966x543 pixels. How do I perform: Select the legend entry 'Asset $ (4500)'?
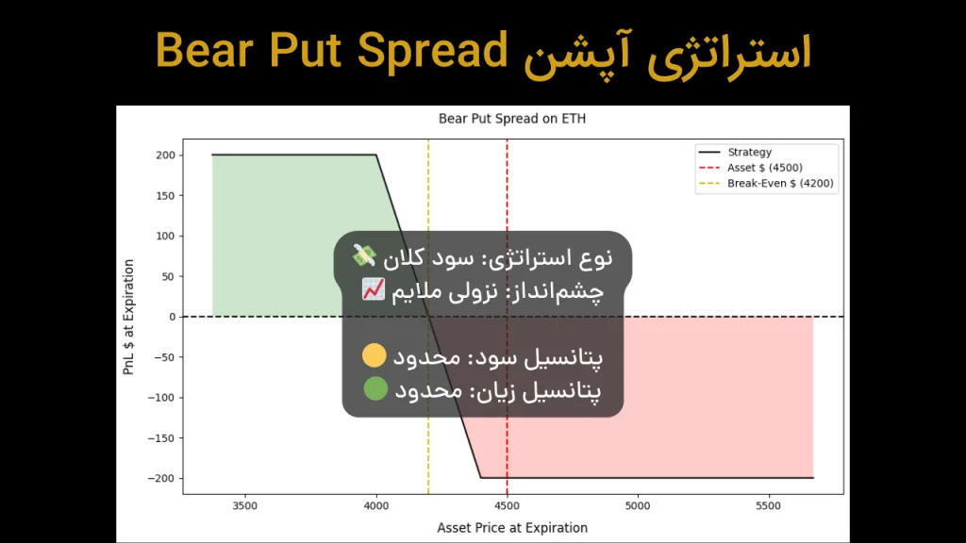(x=765, y=168)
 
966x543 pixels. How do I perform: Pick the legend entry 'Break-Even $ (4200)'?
(x=780, y=184)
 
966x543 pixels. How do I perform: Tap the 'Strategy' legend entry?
(x=750, y=152)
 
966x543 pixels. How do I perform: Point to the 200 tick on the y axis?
(x=166, y=155)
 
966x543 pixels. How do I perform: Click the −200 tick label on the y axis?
(x=162, y=478)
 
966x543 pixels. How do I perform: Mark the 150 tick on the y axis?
(x=166, y=195)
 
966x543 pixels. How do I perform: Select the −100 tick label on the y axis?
(x=162, y=397)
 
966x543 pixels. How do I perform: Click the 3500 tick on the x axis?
(x=245, y=506)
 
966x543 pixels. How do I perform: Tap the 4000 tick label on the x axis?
(x=376, y=506)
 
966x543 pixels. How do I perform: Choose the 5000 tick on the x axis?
(x=639, y=506)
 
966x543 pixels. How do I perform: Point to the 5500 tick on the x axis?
(x=770, y=506)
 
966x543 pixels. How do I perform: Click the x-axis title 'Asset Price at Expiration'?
(x=512, y=528)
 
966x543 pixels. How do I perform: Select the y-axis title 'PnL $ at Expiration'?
(x=129, y=317)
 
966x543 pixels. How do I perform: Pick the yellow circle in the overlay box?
(x=375, y=356)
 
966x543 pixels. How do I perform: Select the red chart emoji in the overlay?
(x=373, y=289)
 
